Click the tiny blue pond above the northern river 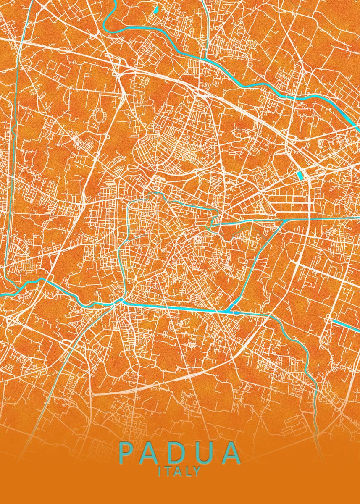click(155, 8)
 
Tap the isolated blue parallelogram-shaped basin click(300, 175)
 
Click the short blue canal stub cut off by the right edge click(347, 325)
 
